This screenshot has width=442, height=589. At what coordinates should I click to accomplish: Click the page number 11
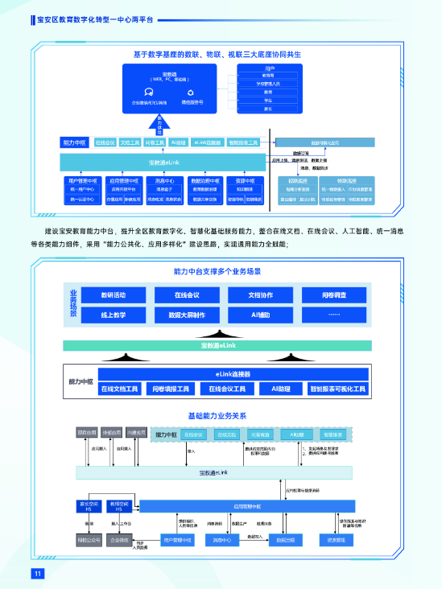[x=36, y=573]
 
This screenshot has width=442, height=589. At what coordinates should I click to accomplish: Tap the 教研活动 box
[x=113, y=294]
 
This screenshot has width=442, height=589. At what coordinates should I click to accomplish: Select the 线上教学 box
[x=113, y=315]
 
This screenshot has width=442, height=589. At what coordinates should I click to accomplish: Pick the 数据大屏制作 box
[x=187, y=315]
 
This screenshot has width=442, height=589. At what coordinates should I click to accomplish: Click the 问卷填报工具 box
[x=172, y=389]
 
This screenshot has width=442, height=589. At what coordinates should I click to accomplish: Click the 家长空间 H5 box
[x=86, y=505]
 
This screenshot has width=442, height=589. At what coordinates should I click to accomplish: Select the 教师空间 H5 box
[x=118, y=505]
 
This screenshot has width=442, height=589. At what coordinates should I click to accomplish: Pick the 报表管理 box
[x=338, y=540]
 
